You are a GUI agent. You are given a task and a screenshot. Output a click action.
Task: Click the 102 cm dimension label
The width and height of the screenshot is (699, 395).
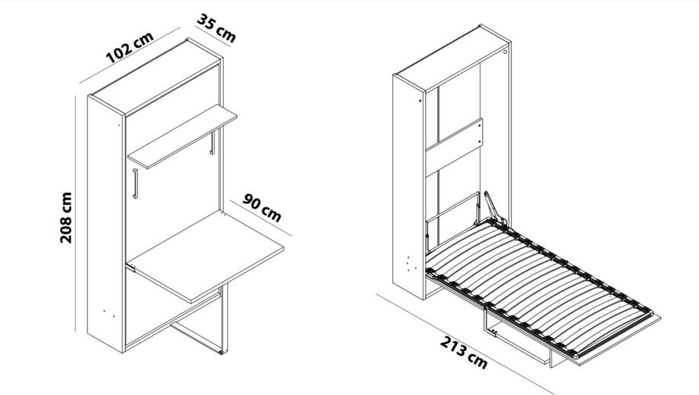click(130, 47)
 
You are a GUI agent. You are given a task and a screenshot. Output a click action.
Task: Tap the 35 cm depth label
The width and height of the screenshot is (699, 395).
click(216, 28)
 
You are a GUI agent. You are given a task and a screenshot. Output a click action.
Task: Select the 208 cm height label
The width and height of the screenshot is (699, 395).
click(66, 218)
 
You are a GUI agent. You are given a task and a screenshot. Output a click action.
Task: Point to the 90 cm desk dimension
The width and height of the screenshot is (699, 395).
click(262, 207)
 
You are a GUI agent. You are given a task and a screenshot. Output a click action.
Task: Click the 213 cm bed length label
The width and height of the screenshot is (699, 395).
click(464, 352)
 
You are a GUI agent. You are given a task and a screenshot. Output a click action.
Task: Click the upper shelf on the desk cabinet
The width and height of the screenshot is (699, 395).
click(183, 136)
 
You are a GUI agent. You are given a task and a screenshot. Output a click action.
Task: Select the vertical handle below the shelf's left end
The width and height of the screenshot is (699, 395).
click(135, 183)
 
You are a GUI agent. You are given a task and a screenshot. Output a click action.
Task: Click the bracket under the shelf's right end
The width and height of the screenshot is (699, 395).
click(212, 143)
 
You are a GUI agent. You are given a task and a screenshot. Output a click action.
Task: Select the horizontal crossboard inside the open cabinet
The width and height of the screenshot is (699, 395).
click(454, 147)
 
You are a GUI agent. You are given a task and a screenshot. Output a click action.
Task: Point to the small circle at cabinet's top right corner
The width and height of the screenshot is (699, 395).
click(506, 52)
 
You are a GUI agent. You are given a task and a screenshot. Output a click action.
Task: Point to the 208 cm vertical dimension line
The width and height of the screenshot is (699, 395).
click(76, 213)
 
